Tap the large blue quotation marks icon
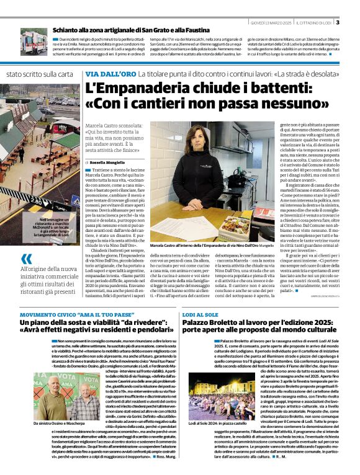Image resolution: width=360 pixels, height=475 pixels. (x=26, y=259)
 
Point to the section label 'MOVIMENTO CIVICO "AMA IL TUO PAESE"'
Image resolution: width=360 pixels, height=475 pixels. (x=78, y=316)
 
